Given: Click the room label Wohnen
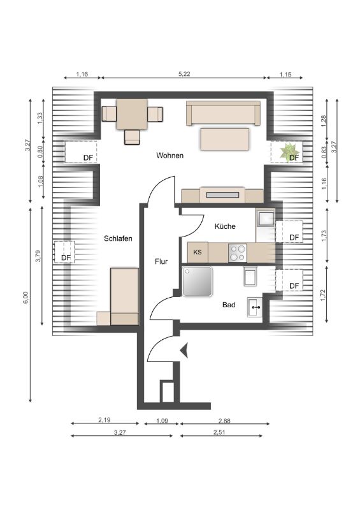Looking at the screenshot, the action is click(169, 156).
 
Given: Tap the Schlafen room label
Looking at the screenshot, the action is click(118, 238).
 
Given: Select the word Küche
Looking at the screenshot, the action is click(225, 226).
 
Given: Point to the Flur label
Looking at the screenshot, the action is click(161, 261).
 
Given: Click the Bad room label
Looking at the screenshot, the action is click(229, 305).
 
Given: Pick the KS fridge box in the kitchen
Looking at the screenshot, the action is click(198, 252).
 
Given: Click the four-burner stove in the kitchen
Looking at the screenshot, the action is click(238, 252).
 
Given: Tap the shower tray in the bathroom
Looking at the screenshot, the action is click(197, 281).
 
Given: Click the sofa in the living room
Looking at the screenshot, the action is click(224, 113).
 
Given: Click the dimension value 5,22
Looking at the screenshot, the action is click(184, 74).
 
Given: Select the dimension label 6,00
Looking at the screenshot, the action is click(26, 297).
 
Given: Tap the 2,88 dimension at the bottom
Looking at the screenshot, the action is click(224, 421).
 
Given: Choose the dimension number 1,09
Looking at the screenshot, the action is click(162, 421).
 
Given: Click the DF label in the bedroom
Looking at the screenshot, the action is click(66, 258).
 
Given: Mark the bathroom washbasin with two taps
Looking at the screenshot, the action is click(255, 307).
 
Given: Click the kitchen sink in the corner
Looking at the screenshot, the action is click(265, 217).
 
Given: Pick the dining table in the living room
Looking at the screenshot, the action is click(132, 114).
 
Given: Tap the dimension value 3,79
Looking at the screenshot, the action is click(38, 256).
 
